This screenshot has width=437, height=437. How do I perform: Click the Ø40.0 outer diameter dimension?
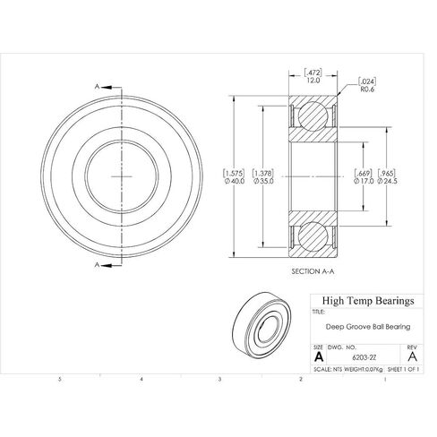click(235, 181)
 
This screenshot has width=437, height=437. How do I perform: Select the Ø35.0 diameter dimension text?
click(263, 181)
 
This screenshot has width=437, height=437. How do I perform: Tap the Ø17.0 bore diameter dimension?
click(364, 181)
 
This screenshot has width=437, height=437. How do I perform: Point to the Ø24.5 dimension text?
click(388, 181)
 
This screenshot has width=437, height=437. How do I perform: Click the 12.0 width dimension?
click(313, 81)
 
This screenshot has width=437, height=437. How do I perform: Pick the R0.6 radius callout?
click(367, 90)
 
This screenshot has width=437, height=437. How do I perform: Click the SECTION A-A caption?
click(313, 271)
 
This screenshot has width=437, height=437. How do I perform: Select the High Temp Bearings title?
click(368, 301)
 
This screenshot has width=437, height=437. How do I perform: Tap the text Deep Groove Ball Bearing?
click(368, 327)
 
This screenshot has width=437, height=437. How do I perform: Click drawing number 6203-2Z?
click(364, 357)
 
